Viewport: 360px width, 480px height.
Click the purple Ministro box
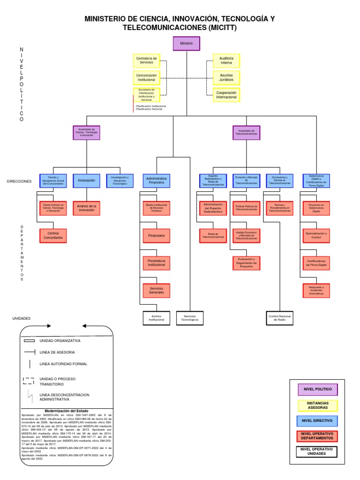[x=186, y=44]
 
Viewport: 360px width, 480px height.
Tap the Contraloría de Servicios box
[x=146, y=60]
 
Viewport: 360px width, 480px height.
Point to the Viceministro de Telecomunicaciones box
[x=247, y=133]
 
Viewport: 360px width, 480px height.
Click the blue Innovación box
[x=86, y=180]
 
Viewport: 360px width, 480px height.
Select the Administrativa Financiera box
[x=157, y=180]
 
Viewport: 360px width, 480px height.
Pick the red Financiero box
[x=157, y=235]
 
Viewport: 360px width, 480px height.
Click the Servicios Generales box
[x=157, y=291]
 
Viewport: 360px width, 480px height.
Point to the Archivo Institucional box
[x=157, y=318]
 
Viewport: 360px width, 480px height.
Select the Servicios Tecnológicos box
[x=190, y=318]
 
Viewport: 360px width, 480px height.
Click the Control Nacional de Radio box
[x=280, y=318]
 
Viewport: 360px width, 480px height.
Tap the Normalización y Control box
[x=316, y=235]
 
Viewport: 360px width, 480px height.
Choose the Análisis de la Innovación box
[x=86, y=208]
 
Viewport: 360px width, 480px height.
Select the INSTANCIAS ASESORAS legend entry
[x=318, y=405]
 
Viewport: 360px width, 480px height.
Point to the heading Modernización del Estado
[x=67, y=411]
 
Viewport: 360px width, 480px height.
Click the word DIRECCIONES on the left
[x=19, y=181]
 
